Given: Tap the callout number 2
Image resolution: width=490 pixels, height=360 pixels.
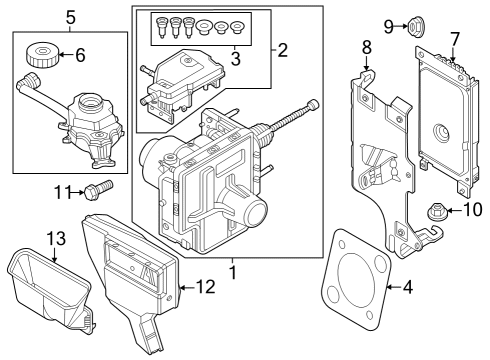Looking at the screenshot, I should point(281,48).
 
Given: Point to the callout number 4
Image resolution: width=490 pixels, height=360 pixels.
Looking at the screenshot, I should point(406,288).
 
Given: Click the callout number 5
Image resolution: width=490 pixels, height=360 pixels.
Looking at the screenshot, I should point(69,16).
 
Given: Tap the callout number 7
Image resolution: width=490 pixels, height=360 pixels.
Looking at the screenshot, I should point(455,39).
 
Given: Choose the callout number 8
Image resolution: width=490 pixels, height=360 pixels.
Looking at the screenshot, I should point(366,46).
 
